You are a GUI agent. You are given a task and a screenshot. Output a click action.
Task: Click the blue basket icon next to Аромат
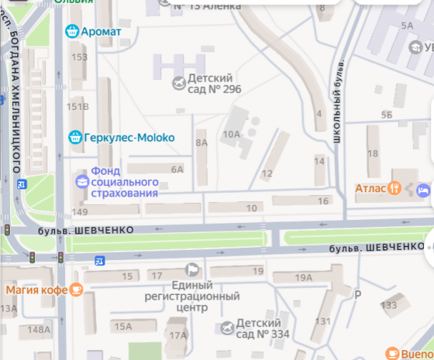coord(72,31)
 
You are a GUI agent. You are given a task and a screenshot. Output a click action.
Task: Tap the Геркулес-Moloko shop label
coord(129,138)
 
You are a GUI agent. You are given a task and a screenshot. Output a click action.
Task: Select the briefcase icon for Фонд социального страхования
coord(81,181)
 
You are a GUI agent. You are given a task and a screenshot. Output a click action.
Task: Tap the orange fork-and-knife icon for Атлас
coord(394,187)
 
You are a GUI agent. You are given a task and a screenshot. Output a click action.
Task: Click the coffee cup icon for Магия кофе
coord(75,290)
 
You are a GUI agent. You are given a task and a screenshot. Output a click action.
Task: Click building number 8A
coord(201,142)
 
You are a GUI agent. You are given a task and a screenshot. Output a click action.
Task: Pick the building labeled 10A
coord(231,134)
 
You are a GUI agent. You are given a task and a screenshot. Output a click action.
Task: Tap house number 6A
coord(177,169)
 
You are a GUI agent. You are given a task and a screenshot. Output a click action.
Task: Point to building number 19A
coord(304,277)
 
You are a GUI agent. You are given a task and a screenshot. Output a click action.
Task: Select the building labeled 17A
coord(178,335)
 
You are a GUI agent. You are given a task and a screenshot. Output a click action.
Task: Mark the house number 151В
coord(77,106)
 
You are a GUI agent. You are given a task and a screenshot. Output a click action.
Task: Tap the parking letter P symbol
coord(358,295)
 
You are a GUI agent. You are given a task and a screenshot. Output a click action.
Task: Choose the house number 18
coord(372,153)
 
